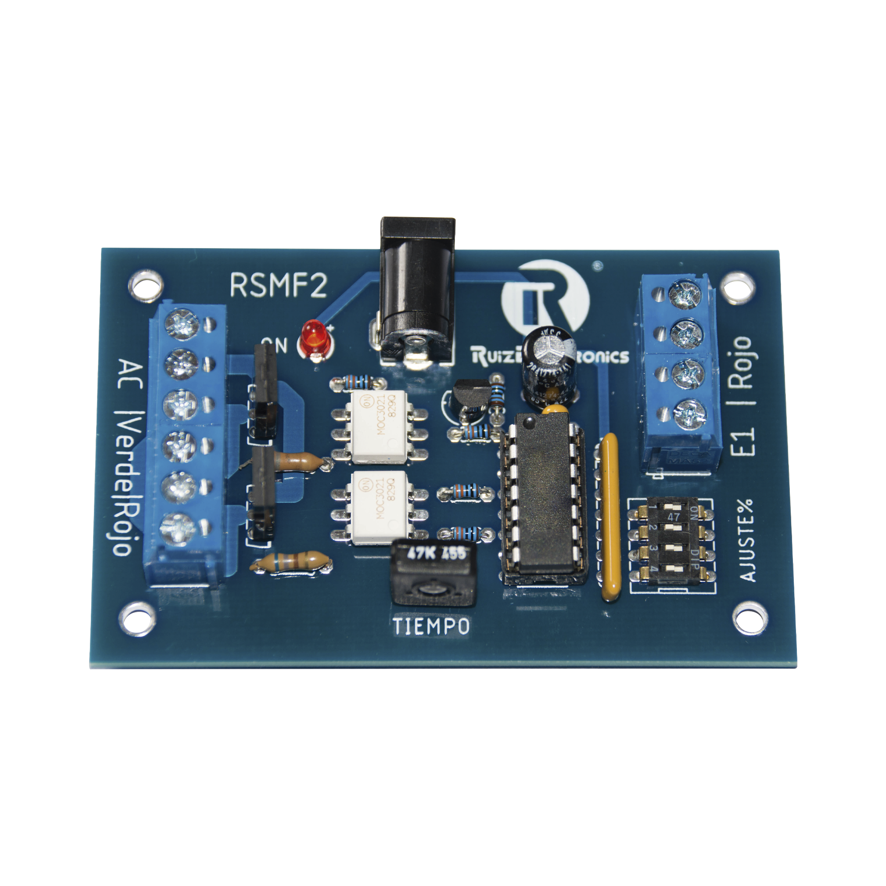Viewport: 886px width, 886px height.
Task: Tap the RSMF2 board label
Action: [278, 285]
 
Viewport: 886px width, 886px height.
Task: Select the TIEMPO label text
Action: [431, 626]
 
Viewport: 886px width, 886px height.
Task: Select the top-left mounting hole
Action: [146, 285]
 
